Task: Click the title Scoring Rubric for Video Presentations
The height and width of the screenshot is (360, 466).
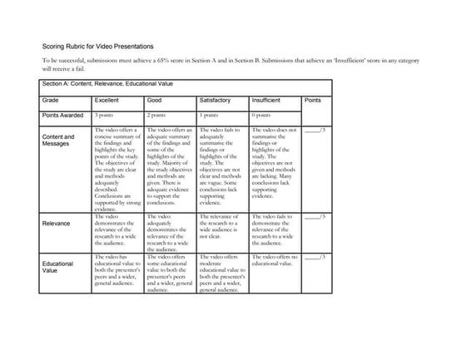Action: tap(97, 47)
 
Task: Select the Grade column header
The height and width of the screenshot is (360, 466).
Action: tap(51, 100)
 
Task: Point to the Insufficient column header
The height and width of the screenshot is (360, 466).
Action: tap(270, 100)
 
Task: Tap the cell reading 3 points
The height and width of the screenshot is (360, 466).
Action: tap(104, 116)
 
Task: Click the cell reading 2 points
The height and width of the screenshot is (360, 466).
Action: tap(156, 116)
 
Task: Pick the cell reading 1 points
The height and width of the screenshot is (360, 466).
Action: tap(208, 116)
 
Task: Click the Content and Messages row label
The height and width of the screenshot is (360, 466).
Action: tap(57, 141)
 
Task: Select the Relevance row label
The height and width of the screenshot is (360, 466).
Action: tap(56, 223)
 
